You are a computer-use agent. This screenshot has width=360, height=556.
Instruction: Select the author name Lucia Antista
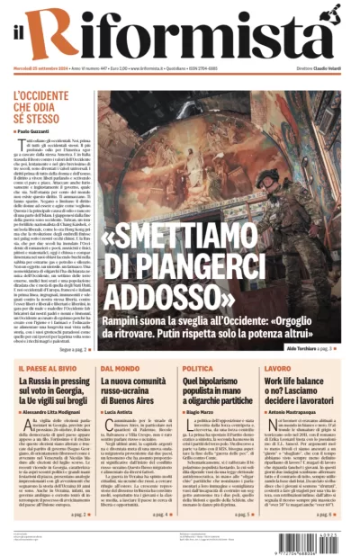coord(122,409)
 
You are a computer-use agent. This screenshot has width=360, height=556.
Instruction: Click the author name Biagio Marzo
coord(203,409)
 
